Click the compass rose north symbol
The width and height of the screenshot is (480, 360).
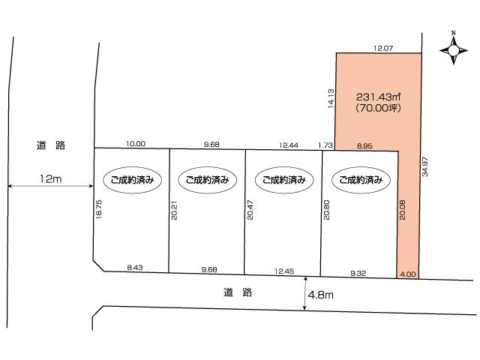[x=453, y=50]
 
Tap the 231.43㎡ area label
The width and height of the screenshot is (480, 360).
[x=379, y=97]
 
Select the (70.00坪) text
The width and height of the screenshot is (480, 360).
[x=379, y=109]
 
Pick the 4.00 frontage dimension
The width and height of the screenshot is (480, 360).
[x=407, y=274]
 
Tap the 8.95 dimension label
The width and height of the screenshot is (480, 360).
[x=365, y=145]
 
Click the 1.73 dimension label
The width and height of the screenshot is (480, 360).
[x=325, y=145]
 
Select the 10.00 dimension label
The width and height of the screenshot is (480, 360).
[x=136, y=144]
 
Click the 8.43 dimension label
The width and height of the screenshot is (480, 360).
[x=136, y=267]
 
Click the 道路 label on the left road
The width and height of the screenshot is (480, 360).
[x=51, y=145]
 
